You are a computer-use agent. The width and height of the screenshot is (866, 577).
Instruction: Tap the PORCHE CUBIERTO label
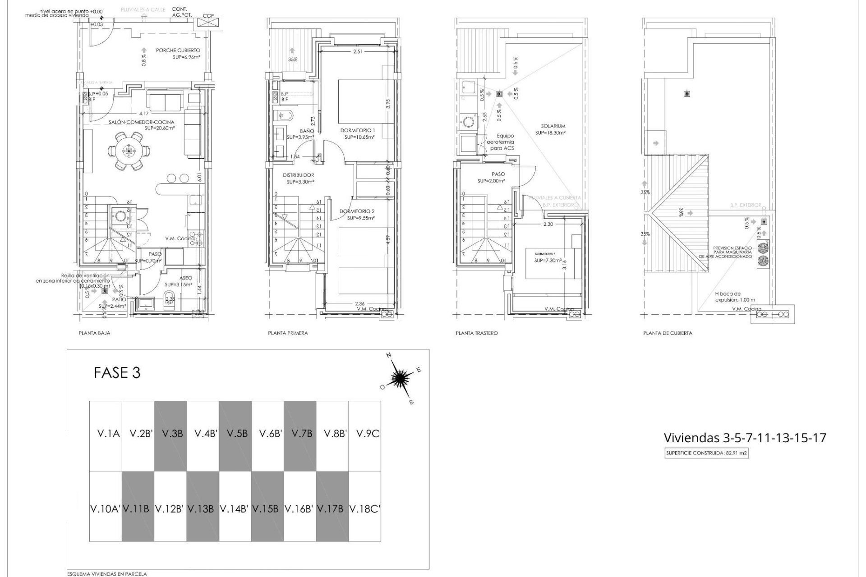[x=178, y=50]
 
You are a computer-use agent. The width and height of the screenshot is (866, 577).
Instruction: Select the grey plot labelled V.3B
[x=170, y=434]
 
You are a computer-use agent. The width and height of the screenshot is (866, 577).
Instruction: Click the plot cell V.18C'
[x=365, y=509]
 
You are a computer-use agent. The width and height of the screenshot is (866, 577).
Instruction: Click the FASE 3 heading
[x=117, y=373]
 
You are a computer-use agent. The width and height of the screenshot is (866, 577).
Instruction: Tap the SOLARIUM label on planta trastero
[x=553, y=126]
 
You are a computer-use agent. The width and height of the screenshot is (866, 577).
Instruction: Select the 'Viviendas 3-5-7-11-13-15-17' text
[x=745, y=438]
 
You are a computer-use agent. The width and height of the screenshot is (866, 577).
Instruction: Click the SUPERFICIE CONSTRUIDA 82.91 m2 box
[x=707, y=454]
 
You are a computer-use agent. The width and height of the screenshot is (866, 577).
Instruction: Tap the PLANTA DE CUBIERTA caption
[x=668, y=333]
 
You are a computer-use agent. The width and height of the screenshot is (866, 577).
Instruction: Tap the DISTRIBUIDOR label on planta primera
[x=298, y=175]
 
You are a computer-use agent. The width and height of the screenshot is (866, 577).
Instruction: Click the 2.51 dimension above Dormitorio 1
[x=358, y=52]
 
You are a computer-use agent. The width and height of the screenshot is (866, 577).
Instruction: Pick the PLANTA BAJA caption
[x=94, y=333]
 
